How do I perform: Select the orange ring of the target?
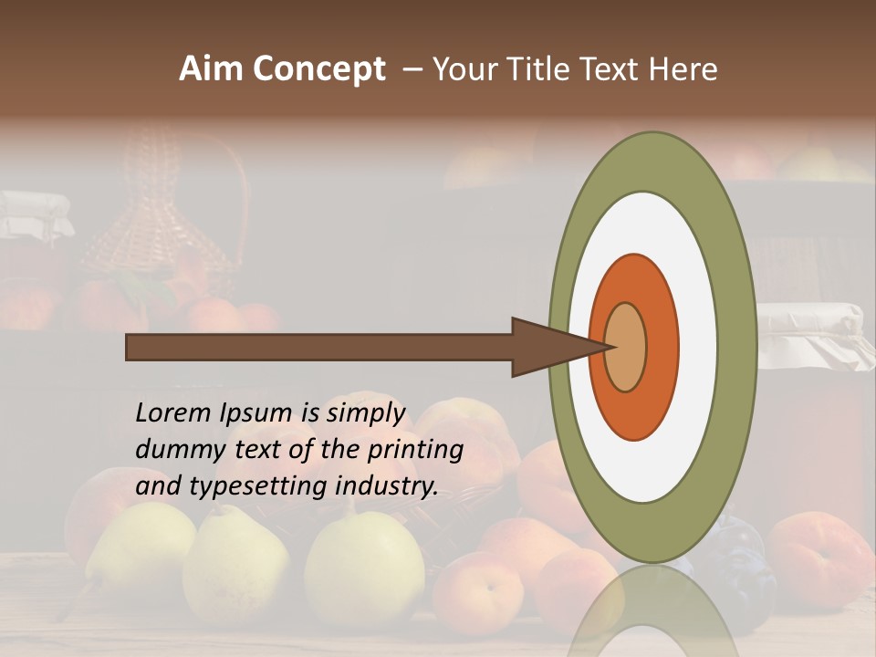(659, 348)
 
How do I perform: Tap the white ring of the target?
(698, 348)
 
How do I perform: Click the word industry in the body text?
(387, 486)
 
